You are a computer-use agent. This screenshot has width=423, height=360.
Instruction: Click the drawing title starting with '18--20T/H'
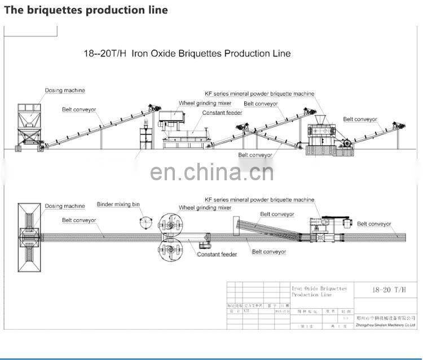[x=187, y=54]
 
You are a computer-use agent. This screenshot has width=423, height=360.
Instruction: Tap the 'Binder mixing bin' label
[x=118, y=205]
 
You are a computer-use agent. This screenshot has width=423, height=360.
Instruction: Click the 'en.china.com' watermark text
[x=211, y=171]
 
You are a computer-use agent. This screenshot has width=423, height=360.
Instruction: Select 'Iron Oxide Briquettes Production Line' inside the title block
[x=319, y=291]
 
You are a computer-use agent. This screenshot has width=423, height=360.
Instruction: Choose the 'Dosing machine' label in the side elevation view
[x=65, y=90]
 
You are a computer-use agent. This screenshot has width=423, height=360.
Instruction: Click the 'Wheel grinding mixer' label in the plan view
[x=205, y=208]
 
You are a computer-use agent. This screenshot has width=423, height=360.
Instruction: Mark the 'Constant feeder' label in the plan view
[x=217, y=254]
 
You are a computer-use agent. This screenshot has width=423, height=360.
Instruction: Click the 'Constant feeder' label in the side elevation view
[x=222, y=113]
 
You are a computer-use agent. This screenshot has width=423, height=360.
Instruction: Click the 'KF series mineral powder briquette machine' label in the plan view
[x=259, y=200]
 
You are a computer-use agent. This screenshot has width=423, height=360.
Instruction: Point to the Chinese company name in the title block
[x=386, y=318]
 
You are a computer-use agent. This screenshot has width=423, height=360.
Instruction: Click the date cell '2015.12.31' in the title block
[x=282, y=310]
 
